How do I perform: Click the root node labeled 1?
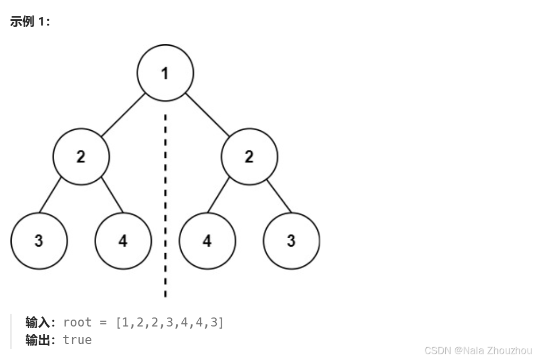click(165, 73)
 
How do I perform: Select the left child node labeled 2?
click(81, 157)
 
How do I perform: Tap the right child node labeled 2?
click(249, 157)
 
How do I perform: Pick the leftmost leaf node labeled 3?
click(39, 241)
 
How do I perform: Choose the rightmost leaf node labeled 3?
click(291, 241)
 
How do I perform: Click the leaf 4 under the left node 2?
click(123, 241)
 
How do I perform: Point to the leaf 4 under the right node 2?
click(207, 241)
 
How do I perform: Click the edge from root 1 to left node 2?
click(123, 114)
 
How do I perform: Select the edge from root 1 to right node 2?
click(207, 114)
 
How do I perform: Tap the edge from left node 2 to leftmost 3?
click(51, 197)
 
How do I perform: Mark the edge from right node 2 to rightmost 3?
click(279, 197)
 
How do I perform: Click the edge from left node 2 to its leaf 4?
click(112, 197)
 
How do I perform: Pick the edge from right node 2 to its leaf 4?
click(219, 197)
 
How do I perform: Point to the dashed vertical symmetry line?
click(165, 213)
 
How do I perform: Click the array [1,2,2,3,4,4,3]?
click(169, 322)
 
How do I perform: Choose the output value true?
click(77, 340)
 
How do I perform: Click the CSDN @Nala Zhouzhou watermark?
click(478, 350)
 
